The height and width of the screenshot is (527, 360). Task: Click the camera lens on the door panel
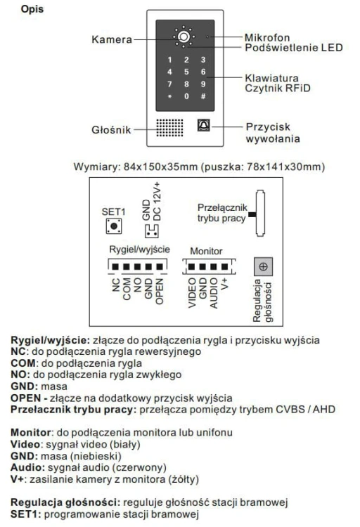(x=184, y=37)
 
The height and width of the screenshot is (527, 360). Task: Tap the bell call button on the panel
(x=203, y=125)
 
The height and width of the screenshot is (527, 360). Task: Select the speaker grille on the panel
(x=170, y=128)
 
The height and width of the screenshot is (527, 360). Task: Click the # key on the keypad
(x=203, y=96)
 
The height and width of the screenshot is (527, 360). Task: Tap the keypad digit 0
(x=186, y=96)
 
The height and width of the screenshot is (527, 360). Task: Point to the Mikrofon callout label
(x=267, y=37)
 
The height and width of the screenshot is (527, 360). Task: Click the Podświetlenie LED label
(x=294, y=48)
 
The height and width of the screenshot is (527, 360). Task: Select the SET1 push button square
(x=114, y=226)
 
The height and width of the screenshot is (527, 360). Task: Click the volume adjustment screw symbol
(x=264, y=267)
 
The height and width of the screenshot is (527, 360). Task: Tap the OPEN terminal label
(x=160, y=292)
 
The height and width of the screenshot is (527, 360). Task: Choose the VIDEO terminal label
(x=192, y=293)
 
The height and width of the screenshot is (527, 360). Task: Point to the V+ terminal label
(x=225, y=284)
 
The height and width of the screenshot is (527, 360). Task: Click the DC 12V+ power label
(x=157, y=202)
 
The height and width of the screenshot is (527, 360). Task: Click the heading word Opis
(x=32, y=9)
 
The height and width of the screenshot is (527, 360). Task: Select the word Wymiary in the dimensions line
(x=96, y=167)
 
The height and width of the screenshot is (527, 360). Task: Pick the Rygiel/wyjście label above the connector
(x=140, y=249)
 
